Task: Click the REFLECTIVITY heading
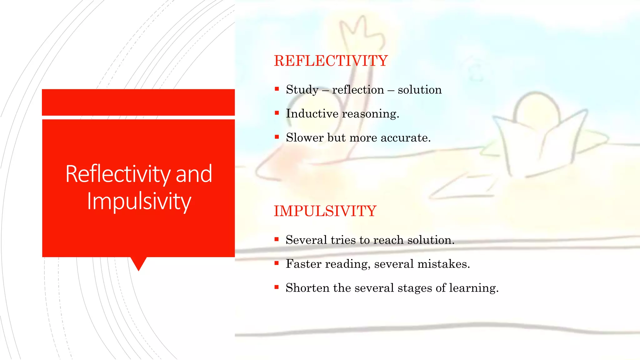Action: click(331, 61)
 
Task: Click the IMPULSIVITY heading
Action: click(325, 211)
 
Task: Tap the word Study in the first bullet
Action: click(302, 90)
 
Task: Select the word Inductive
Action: click(312, 113)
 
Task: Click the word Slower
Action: click(304, 137)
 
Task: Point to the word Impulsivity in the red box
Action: click(139, 201)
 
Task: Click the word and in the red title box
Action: click(194, 174)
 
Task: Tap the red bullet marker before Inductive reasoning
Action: click(277, 113)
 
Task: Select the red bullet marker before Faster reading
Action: click(277, 263)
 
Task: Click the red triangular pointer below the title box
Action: click(138, 263)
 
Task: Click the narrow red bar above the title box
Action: click(138, 102)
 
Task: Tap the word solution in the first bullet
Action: click(419, 90)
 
